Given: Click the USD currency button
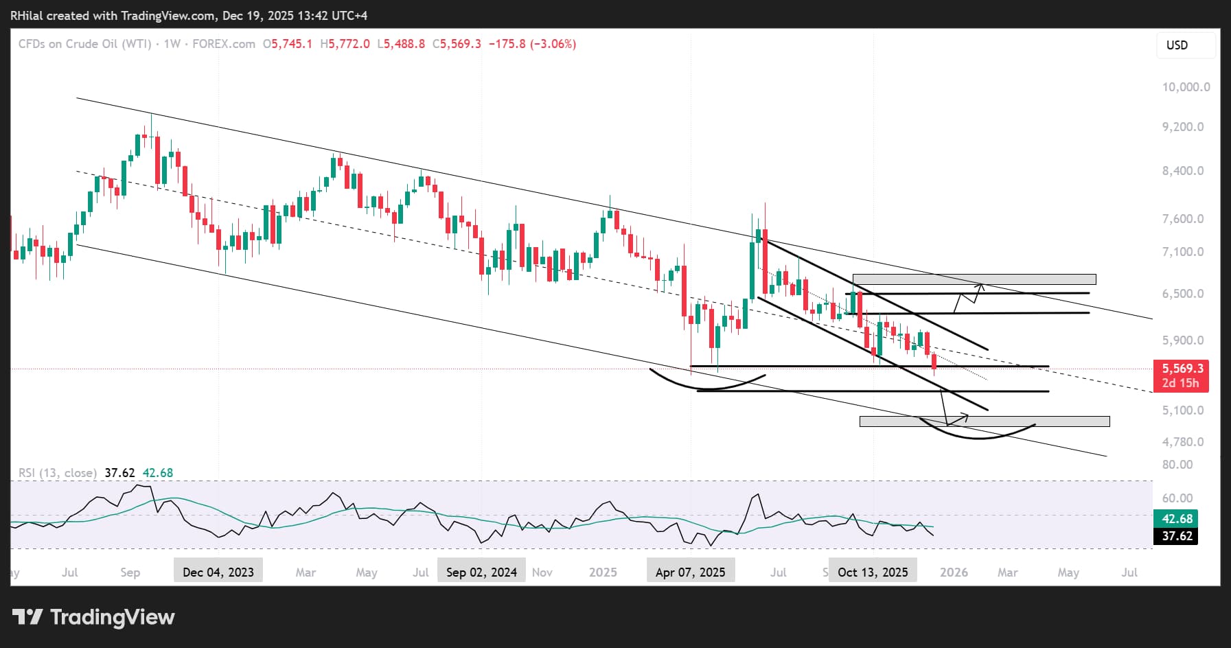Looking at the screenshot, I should tap(1177, 45).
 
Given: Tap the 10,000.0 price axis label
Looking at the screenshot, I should tap(1186, 87).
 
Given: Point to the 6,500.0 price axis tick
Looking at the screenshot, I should tap(1183, 294).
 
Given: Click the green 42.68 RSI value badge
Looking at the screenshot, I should tap(1177, 519).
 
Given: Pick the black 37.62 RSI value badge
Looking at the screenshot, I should tap(1177, 536).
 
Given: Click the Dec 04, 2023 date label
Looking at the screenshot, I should tap(218, 572).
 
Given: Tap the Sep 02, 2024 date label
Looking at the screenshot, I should tap(481, 572).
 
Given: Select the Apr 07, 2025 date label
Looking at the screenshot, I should tap(690, 572).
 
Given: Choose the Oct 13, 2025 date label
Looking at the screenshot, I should tap(873, 572).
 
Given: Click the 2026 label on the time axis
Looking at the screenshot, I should tap(954, 572).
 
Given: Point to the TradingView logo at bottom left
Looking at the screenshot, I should tap(93, 617).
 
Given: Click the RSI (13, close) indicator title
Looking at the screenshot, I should tap(58, 473).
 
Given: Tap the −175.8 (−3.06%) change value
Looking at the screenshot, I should tap(532, 44).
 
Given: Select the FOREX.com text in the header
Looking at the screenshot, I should tap(224, 44).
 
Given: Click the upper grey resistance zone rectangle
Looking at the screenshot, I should tap(974, 279).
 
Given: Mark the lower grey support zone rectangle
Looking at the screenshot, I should tap(984, 421).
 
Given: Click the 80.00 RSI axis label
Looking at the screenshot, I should tap(1177, 465).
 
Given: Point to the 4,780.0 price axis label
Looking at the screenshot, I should tap(1183, 442).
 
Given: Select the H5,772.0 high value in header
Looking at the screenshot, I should tap(345, 44).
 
